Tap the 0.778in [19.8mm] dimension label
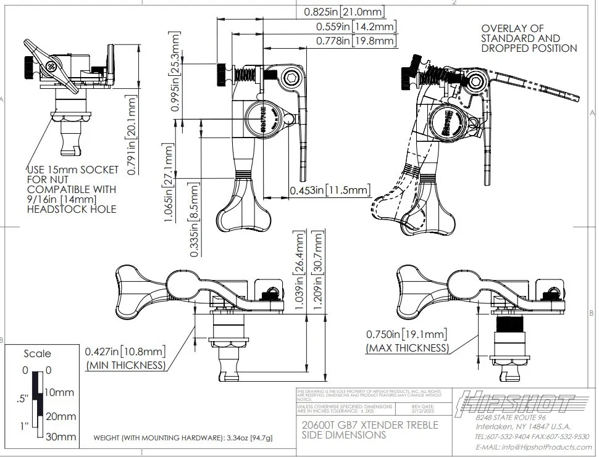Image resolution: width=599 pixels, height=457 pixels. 356,41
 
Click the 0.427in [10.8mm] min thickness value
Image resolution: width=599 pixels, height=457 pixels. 125,352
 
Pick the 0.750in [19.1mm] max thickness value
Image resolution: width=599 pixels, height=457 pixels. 406,335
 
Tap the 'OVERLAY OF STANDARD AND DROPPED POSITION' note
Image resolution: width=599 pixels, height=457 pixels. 529,38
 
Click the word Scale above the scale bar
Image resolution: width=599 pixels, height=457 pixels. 37,354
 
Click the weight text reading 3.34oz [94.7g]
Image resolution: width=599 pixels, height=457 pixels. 183,438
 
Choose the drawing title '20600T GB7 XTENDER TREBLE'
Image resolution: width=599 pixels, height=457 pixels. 369,425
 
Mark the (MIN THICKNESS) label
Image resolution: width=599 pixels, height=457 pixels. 125,365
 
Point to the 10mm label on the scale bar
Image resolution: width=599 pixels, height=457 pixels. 59,393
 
